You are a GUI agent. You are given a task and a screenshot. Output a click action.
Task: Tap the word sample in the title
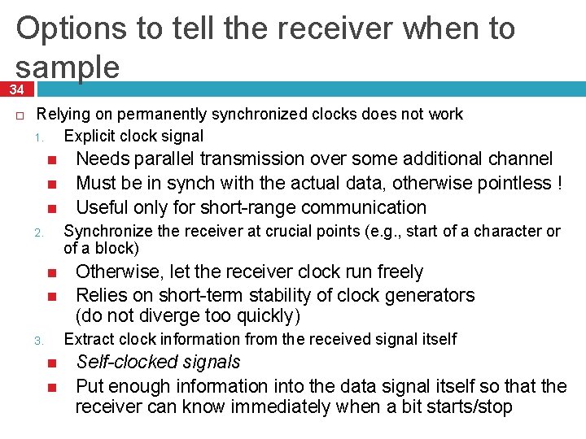coord(68,67)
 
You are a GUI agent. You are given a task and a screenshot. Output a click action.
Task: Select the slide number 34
coord(16,89)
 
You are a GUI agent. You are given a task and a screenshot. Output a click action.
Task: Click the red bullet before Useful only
coord(50,208)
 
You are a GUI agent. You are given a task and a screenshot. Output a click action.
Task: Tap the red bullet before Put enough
coord(50,385)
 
